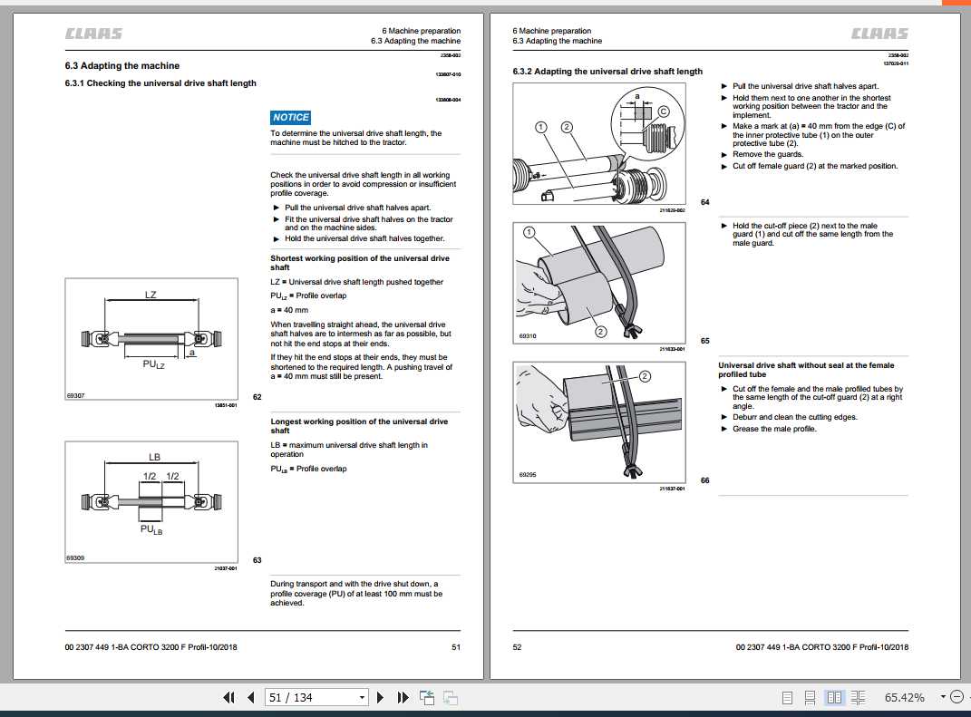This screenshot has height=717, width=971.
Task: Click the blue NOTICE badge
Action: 291,117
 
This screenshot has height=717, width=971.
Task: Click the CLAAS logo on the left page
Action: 93,34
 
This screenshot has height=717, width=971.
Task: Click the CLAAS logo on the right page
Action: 879,34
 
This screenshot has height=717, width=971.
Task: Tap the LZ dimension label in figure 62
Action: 151,295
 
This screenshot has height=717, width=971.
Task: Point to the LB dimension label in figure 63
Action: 154,457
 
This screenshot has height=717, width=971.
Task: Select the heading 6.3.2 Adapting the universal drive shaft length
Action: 607,72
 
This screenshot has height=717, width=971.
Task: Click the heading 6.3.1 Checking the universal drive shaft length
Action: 160,83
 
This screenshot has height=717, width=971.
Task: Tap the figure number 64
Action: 704,202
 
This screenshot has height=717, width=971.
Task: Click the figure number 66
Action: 704,480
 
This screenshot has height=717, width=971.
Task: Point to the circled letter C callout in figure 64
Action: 663,111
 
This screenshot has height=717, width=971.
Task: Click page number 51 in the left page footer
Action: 455,646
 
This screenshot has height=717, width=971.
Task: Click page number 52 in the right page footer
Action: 518,646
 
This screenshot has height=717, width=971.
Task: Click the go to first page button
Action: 229,697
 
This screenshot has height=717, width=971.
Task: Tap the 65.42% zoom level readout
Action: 904,697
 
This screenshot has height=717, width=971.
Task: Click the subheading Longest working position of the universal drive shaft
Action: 359,426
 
